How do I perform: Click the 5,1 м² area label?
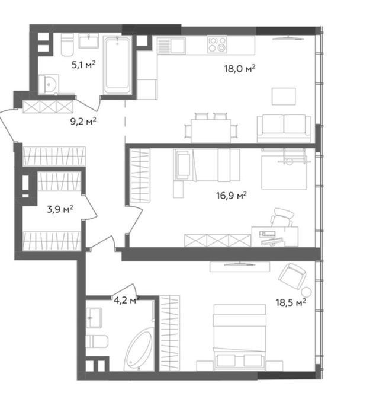click(x=83, y=65)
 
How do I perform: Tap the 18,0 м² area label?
click(x=240, y=69)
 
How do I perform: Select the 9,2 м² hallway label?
click(x=83, y=121)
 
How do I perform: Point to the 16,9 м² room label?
click(x=231, y=196)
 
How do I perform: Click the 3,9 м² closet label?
click(x=60, y=209)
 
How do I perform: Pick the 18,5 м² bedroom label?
click(x=291, y=302)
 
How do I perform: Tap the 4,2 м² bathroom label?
click(x=126, y=301)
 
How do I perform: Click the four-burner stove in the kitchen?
click(x=217, y=44)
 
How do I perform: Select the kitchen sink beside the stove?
click(x=171, y=45)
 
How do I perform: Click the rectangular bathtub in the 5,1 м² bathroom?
click(x=117, y=65)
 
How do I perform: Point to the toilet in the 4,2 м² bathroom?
click(x=97, y=341)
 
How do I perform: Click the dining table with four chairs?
click(x=211, y=129)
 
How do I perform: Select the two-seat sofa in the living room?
click(x=284, y=129)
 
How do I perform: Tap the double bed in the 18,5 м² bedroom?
click(x=240, y=337)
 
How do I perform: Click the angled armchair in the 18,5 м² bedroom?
click(x=292, y=277)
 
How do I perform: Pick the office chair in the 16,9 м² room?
click(x=282, y=218)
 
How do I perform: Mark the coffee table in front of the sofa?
click(x=284, y=96)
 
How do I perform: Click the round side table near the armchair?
click(x=306, y=292)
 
